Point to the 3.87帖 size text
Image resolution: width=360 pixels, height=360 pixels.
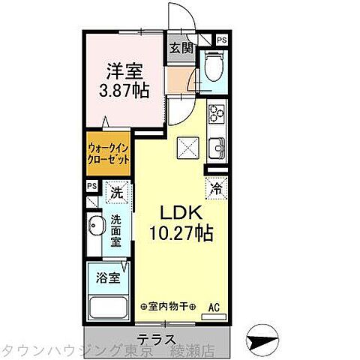click(x=124, y=90)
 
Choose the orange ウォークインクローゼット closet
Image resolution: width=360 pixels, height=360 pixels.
click(x=106, y=154)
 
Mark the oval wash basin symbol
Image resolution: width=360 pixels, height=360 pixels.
click(x=94, y=226)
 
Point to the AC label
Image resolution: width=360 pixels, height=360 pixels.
click(x=214, y=306)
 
